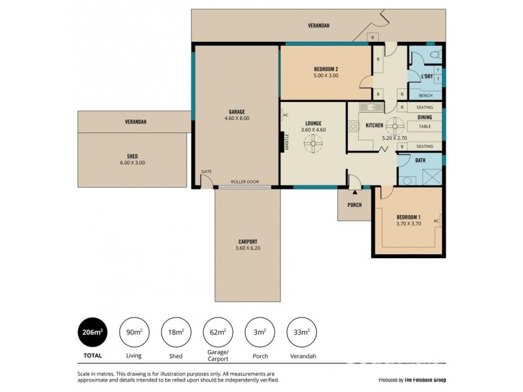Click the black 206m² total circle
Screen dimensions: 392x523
(92, 333)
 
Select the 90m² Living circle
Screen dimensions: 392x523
(134, 333)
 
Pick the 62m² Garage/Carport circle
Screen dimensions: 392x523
(216, 333)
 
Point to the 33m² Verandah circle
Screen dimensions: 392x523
(301, 333)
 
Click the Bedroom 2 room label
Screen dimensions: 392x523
(326, 69)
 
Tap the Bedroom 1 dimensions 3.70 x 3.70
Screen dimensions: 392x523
(409, 224)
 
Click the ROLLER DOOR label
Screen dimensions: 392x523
(245, 182)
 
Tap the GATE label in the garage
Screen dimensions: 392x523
(207, 171)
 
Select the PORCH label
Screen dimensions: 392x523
(354, 205)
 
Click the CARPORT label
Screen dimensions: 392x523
(248, 240)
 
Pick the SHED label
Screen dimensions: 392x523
(132, 155)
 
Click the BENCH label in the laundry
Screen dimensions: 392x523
(425, 95)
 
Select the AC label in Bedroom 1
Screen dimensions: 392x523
(435, 221)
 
